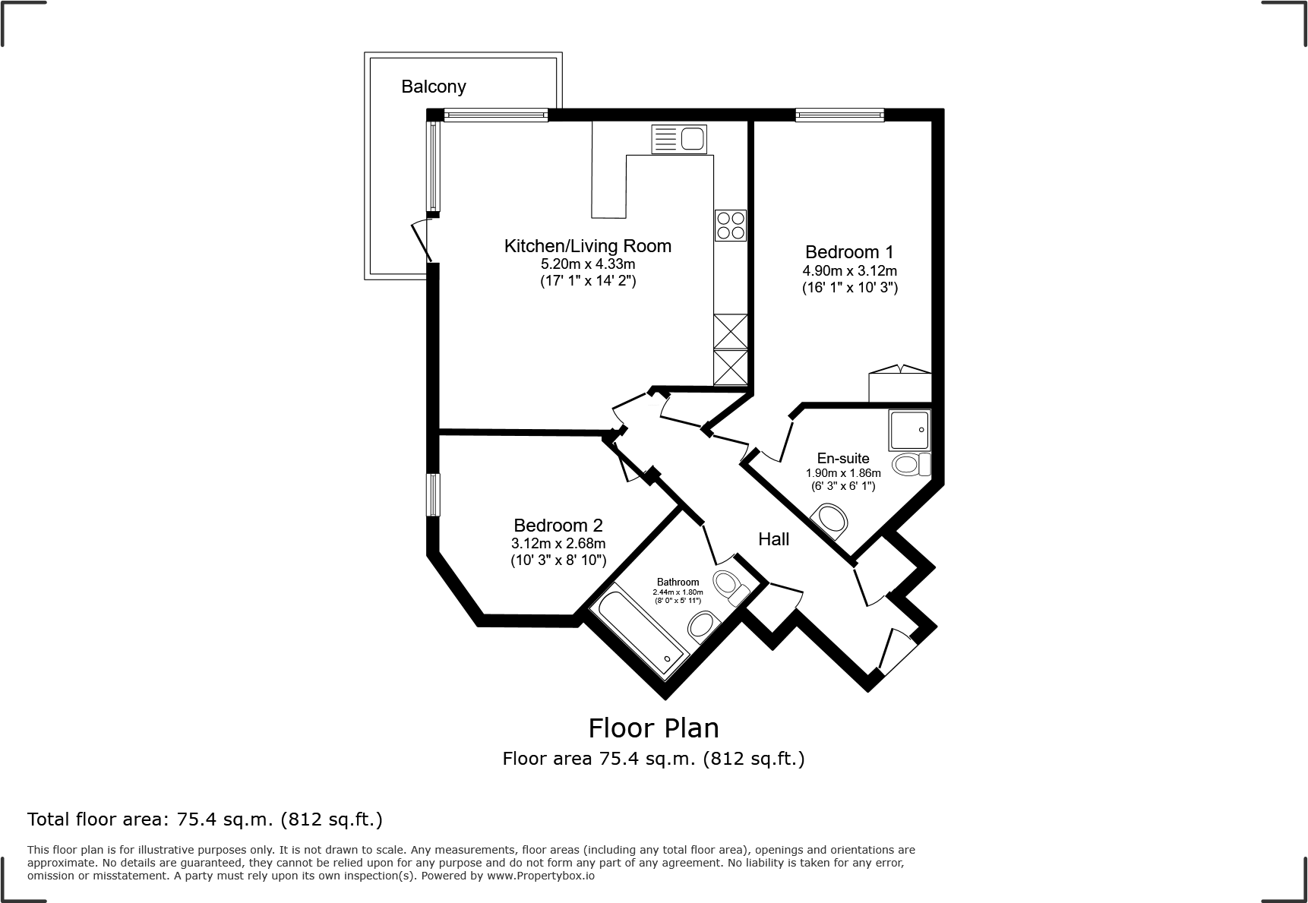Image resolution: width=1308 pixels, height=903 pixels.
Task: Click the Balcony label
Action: coord(433,87)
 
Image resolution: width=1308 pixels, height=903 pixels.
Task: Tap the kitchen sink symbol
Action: coord(678,140)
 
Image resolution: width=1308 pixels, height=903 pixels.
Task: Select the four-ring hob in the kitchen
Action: coord(730,225)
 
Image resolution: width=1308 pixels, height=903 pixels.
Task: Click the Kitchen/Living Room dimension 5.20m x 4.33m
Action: coord(587,264)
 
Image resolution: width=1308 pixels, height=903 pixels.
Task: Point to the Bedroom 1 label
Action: coord(849,252)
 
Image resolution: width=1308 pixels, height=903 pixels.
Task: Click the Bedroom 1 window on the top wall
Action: coord(839,115)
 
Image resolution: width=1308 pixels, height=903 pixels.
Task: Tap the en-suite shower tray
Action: coord(909,430)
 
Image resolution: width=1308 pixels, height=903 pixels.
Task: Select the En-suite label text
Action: coord(843,458)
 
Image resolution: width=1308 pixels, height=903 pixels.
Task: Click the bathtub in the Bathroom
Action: coord(638,630)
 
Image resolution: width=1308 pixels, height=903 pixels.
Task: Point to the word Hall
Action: coord(773,539)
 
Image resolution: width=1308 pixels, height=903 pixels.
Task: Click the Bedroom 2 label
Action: coord(558,525)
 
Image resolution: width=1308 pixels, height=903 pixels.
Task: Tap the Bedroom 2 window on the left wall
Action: coord(432,494)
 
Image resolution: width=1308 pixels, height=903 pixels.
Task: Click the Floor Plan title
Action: coord(653,728)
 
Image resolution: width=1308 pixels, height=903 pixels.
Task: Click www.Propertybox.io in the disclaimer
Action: coord(541,876)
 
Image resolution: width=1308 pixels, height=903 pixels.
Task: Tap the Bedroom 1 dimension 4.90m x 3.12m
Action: coord(849,270)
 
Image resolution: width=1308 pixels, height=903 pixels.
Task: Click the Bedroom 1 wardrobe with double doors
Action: coord(899,386)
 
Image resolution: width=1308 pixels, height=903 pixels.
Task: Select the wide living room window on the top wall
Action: coord(495,115)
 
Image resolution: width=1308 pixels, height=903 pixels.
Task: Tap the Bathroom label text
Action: coord(678,583)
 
